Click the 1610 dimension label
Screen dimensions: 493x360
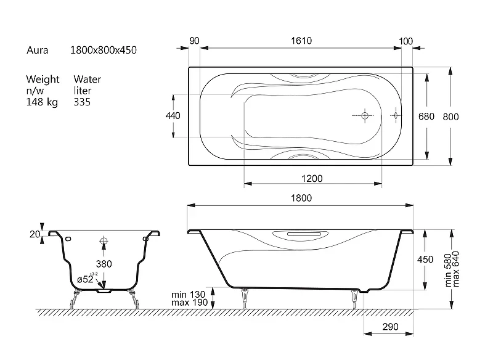pos(301,41)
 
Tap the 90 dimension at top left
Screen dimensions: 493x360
pos(194,41)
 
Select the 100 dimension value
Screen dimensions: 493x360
pos(405,41)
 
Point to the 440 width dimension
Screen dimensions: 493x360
pos(173,116)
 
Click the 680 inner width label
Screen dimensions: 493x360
pos(426,117)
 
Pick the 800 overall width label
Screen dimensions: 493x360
pos(450,117)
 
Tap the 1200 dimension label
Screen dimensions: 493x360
pos(312,179)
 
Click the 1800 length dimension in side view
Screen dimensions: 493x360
pos(301,198)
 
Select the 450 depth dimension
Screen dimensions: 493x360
pos(425,260)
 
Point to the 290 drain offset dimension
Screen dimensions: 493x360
pos(390,327)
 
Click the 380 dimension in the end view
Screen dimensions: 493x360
pos(104,264)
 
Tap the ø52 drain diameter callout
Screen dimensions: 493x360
pos(87,279)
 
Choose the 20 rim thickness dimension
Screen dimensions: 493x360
pos(35,234)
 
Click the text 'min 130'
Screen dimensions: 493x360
pos(188,295)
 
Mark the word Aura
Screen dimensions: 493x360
pos(38,50)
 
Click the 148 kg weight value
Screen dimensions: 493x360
pos(42,102)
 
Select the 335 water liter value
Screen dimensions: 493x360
pos(82,102)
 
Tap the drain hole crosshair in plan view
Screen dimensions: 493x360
pos(365,116)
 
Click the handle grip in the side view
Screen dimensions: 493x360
pos(304,234)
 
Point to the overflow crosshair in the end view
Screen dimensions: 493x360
pos(104,241)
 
